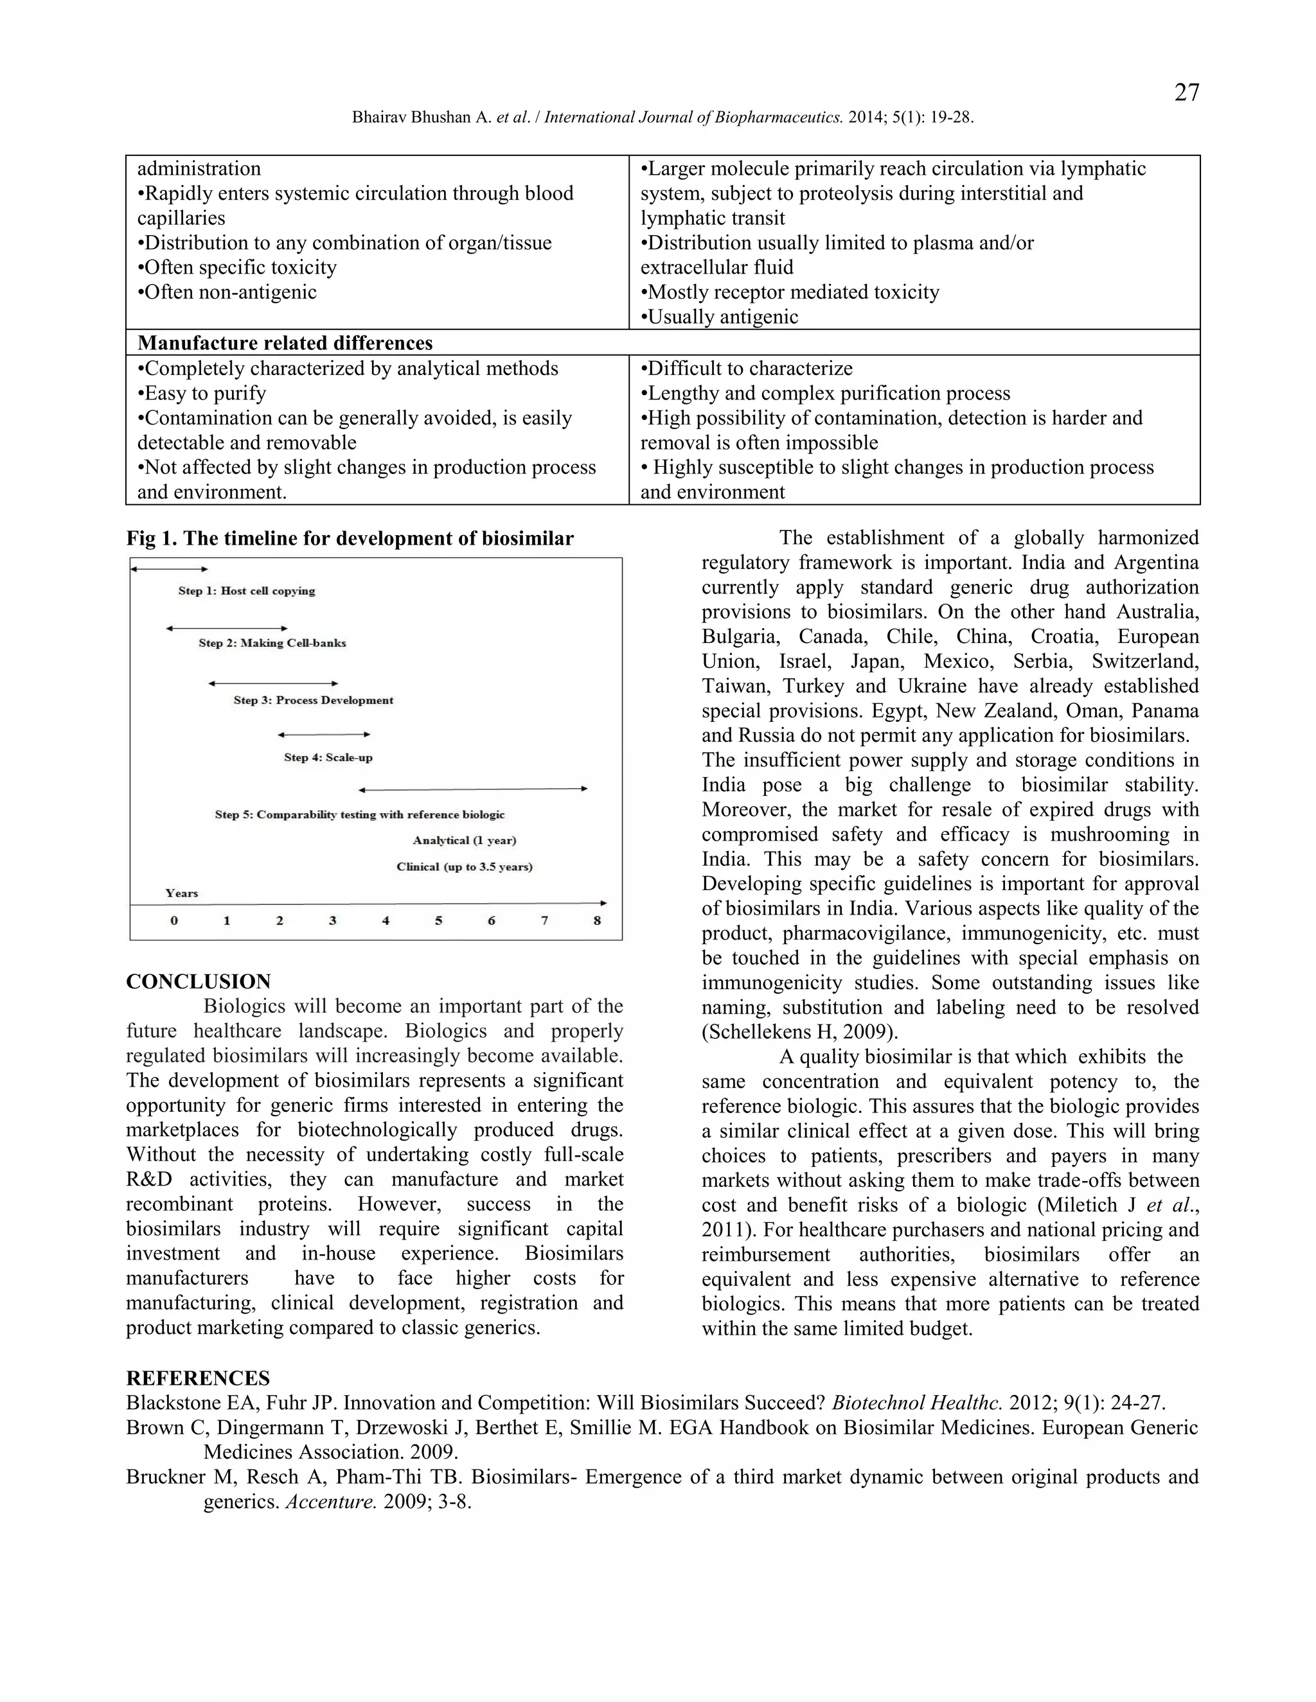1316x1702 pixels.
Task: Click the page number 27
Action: (x=1186, y=92)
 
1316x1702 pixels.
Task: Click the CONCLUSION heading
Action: (x=198, y=981)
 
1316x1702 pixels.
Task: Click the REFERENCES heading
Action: (x=198, y=1378)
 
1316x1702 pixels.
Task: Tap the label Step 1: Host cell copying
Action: (x=246, y=591)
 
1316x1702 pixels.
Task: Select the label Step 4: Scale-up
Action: (x=328, y=757)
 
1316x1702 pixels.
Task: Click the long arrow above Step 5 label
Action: (x=472, y=789)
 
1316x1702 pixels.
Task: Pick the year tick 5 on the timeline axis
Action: (x=438, y=920)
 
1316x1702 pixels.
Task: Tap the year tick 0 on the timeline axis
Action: (x=174, y=920)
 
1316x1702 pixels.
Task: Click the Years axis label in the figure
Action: (x=182, y=893)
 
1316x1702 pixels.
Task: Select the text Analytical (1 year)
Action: (x=464, y=840)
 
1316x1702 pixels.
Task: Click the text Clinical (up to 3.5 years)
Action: (x=464, y=866)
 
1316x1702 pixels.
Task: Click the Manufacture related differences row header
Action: (x=285, y=343)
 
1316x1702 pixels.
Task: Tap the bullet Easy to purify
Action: (x=202, y=393)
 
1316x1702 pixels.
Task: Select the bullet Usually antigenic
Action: (x=719, y=317)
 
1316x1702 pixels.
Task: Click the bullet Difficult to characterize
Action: (x=746, y=368)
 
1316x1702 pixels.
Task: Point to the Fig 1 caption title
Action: (x=350, y=538)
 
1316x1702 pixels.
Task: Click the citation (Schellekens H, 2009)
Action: (x=800, y=1032)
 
